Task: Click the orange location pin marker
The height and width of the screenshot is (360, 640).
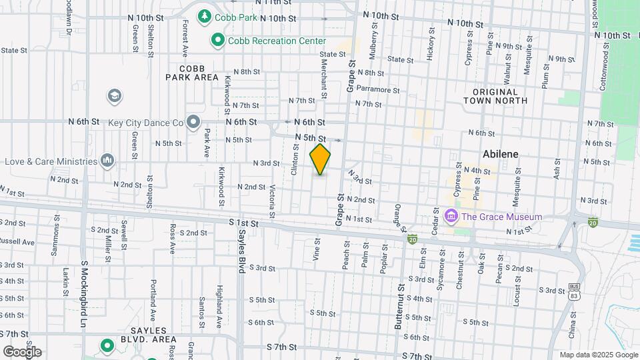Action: tap(321, 159)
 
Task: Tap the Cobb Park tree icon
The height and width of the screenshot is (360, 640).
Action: tap(205, 15)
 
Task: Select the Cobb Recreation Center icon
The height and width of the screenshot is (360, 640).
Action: tap(217, 41)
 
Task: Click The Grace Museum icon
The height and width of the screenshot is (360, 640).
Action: tap(451, 217)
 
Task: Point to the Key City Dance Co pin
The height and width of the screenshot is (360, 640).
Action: tap(194, 122)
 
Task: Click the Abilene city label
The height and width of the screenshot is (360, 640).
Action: tap(501, 154)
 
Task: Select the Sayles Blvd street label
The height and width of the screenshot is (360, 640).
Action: tap(242, 252)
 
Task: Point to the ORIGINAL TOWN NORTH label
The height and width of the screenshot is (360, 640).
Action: tap(495, 96)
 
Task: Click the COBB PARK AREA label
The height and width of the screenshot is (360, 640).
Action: tap(193, 73)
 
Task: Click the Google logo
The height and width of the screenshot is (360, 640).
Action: tap(22, 351)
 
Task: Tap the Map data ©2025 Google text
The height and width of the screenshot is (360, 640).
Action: tap(598, 355)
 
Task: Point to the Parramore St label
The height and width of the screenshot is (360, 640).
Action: tap(377, 89)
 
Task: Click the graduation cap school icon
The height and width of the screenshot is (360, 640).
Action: tap(115, 96)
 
